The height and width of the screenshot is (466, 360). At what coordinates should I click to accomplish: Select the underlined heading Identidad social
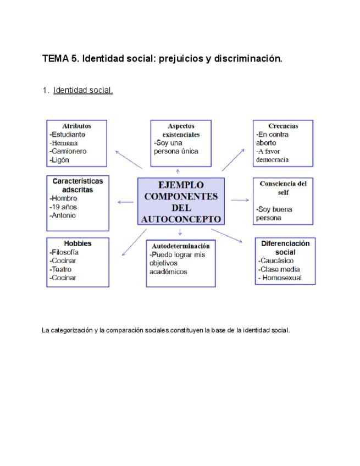pyautogui.click(x=83, y=90)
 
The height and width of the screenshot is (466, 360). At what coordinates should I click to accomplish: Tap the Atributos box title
pyautogui.click(x=76, y=126)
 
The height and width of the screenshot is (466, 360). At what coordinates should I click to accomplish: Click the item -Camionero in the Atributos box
pyautogui.click(x=68, y=151)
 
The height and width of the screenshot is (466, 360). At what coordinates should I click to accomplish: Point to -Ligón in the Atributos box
pyautogui.click(x=60, y=160)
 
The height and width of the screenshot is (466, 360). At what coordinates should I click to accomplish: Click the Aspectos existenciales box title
pyautogui.click(x=181, y=130)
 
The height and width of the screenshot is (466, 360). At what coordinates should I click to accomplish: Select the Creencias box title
pyautogui.click(x=284, y=126)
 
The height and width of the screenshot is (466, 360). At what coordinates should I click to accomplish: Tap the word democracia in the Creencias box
pyautogui.click(x=273, y=159)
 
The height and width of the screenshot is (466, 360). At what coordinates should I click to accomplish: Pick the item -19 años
pyautogui.click(x=63, y=207)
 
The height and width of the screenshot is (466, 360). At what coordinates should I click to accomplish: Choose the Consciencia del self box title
pyautogui.click(x=283, y=187)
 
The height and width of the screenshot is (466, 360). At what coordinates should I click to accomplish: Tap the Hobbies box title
pyautogui.click(x=77, y=243)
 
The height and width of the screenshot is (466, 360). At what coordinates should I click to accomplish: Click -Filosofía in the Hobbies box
pyautogui.click(x=65, y=252)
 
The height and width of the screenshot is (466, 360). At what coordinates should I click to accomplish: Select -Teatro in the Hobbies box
pyautogui.click(x=62, y=269)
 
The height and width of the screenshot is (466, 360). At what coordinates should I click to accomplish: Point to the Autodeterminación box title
pyautogui.click(x=180, y=246)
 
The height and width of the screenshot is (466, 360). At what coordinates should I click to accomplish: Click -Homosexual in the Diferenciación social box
pyautogui.click(x=279, y=278)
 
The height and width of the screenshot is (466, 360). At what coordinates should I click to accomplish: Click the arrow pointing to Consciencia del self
pyautogui.click(x=240, y=200)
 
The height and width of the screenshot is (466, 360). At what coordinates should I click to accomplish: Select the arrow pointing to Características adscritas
pyautogui.click(x=125, y=202)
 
